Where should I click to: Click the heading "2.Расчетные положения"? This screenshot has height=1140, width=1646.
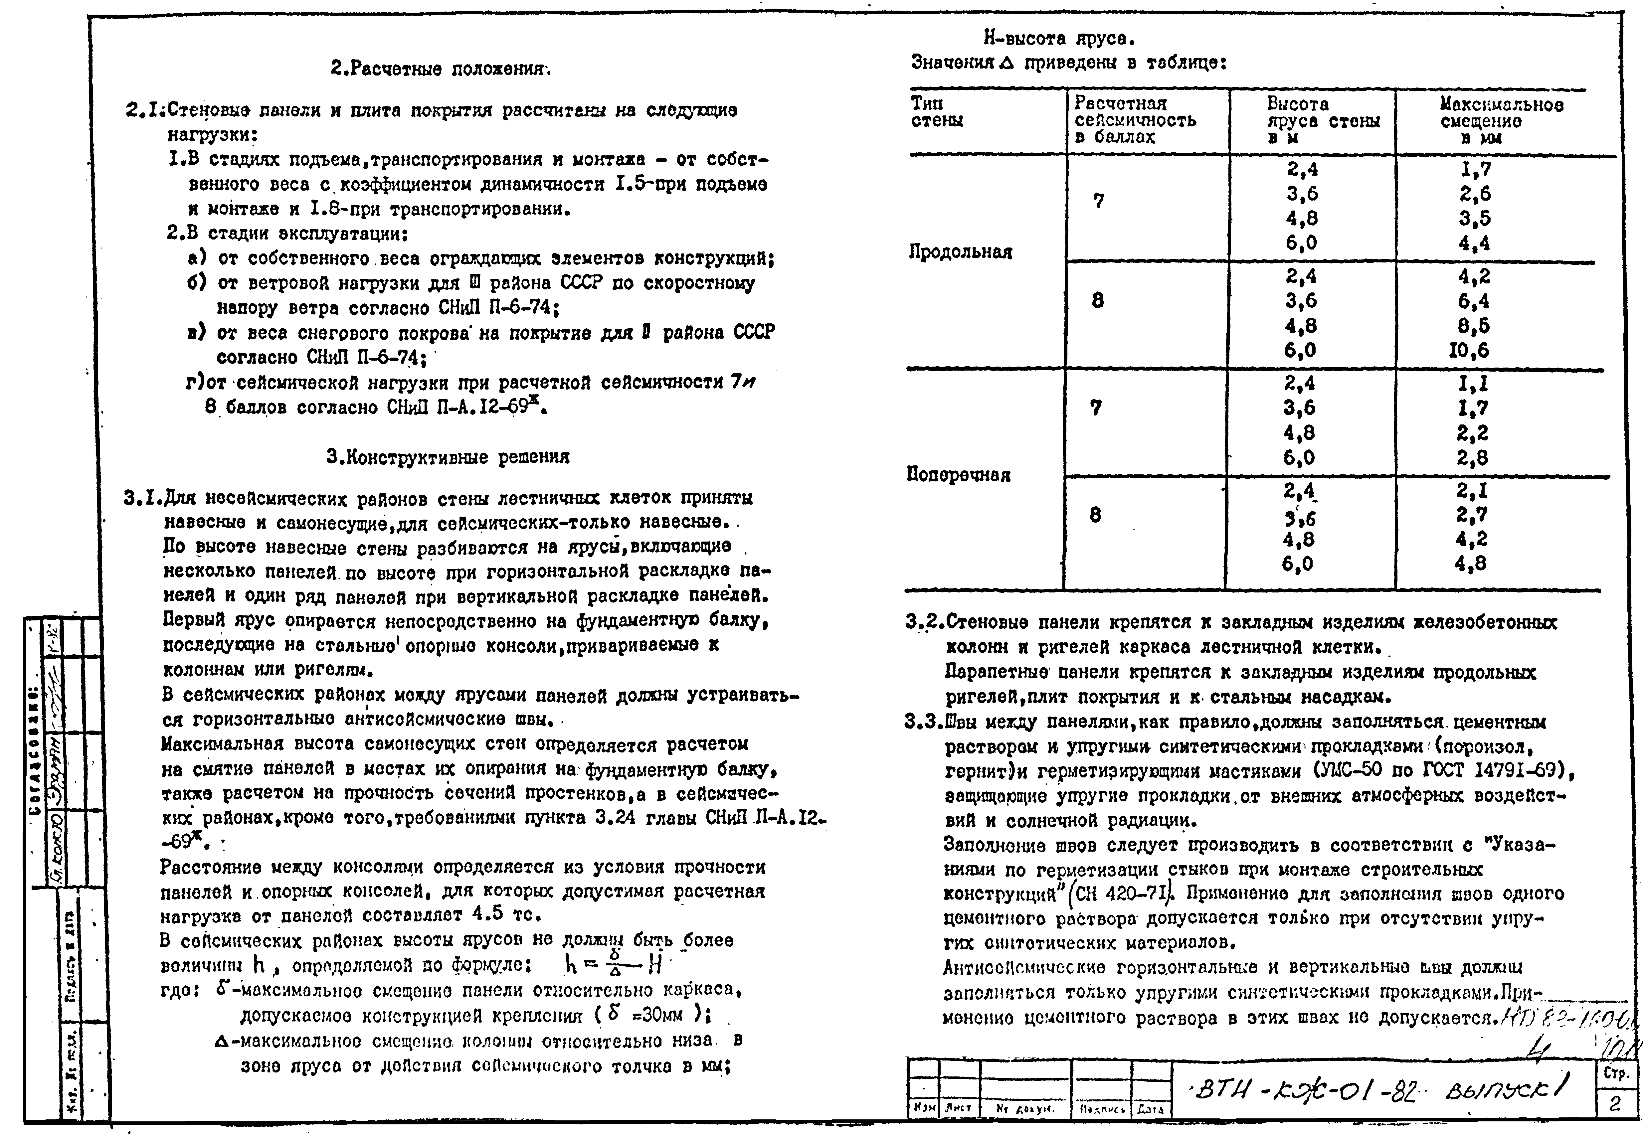point(441,69)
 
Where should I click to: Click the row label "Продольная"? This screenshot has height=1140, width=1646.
point(960,252)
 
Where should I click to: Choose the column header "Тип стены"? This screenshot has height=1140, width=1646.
point(937,112)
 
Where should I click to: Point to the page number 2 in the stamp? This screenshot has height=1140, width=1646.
point(1615,1103)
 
